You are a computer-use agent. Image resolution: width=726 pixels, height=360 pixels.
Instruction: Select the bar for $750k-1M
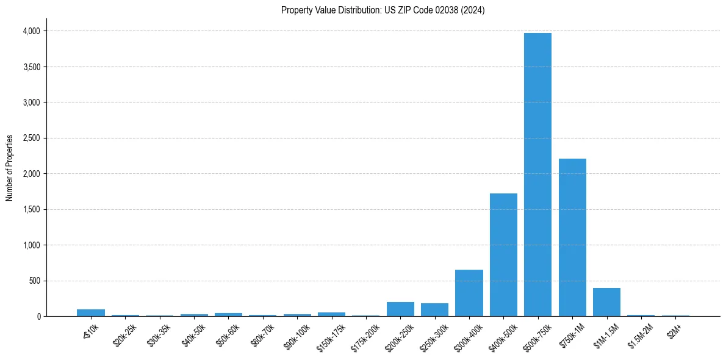click(572, 237)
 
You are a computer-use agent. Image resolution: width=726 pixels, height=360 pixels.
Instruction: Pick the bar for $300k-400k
click(469, 293)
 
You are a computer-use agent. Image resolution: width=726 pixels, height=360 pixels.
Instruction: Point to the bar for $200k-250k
click(400, 309)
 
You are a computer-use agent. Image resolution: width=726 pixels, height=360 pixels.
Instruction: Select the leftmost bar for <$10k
click(91, 312)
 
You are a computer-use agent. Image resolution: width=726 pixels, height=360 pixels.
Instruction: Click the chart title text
click(383, 10)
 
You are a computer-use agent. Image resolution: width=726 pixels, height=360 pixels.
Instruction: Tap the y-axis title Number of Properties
click(10, 167)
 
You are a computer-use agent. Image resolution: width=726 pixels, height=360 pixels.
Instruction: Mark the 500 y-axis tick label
click(34, 281)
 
